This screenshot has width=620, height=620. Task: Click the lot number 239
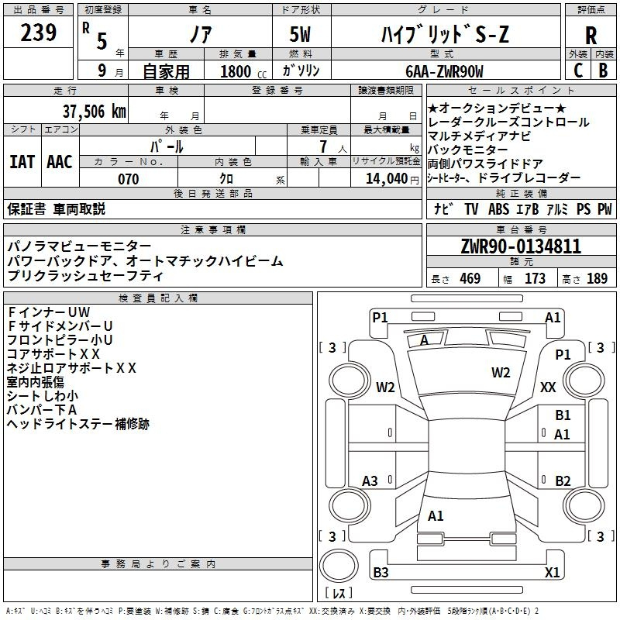click(38, 33)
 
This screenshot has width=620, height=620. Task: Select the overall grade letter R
click(591, 35)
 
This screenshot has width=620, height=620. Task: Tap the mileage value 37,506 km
click(95, 112)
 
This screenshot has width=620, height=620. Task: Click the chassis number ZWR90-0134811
click(521, 246)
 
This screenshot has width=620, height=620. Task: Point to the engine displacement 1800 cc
click(243, 71)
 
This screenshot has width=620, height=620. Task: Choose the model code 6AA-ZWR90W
click(444, 71)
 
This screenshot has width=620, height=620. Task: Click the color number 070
click(129, 179)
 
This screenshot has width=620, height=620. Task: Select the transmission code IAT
click(22, 162)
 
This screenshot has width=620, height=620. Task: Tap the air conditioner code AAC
click(60, 162)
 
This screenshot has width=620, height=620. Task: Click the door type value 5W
click(300, 34)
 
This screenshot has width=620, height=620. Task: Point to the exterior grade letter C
click(578, 71)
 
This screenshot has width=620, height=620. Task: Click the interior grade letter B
click(603, 71)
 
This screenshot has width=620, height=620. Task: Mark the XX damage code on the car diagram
click(548, 387)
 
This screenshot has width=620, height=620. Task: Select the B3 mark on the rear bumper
click(381, 572)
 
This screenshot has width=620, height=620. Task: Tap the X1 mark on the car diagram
click(552, 572)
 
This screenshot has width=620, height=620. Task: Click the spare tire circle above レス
click(339, 566)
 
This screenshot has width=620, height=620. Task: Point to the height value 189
click(597, 279)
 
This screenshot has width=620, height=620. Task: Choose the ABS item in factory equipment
click(498, 208)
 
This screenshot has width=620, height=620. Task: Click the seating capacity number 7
click(323, 146)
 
